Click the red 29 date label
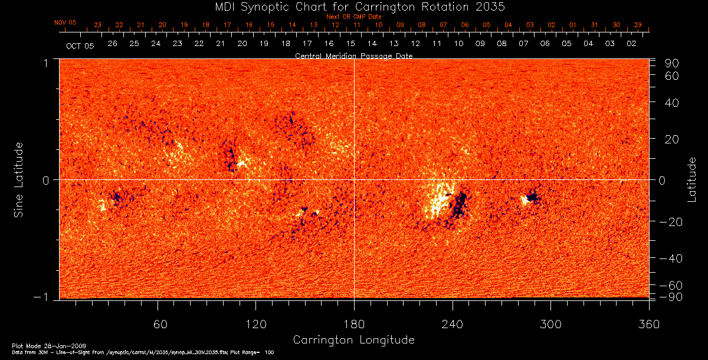[637, 25]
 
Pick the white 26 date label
[113, 44]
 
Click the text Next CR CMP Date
[354, 17]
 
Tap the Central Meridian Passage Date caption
[353, 56]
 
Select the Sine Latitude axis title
[19, 179]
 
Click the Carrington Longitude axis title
[353, 340]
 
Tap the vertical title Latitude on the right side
[692, 179]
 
